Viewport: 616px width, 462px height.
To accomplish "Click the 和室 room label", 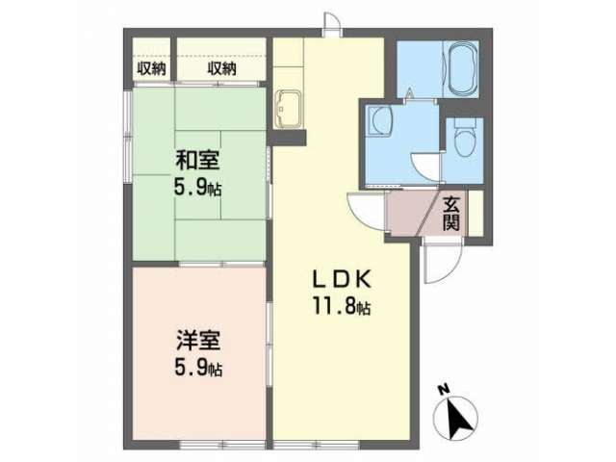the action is [197, 161].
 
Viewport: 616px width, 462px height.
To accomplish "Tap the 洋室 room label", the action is [198, 340].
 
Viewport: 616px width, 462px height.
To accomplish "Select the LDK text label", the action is [342, 280].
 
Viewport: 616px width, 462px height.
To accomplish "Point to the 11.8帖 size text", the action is [342, 306].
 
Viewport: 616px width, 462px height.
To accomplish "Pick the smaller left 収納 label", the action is [152, 69].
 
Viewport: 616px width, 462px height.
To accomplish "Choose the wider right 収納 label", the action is [222, 69].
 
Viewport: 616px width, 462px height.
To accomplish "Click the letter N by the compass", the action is [445, 390].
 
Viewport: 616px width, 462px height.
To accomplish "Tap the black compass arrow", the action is [459, 418].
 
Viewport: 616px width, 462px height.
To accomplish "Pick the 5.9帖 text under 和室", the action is [197, 189].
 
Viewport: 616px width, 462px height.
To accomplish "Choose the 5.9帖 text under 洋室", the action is [198, 368].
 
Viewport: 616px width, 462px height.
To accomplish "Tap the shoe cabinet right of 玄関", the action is [475, 214].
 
